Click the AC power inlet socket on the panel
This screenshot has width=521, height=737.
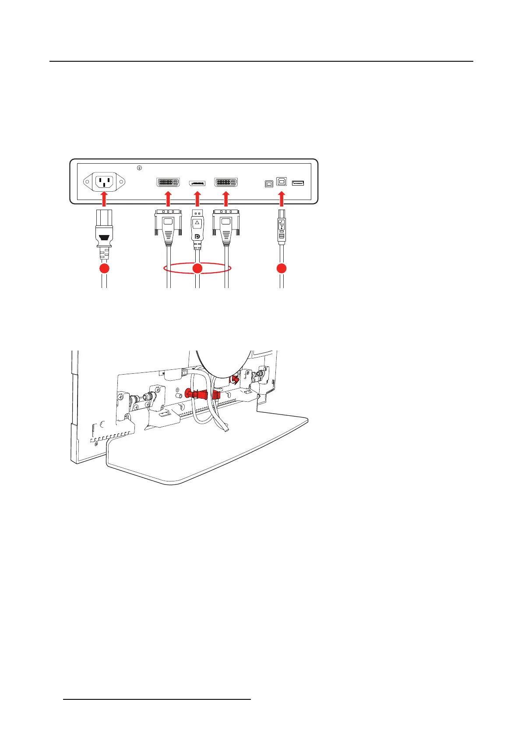tap(104, 182)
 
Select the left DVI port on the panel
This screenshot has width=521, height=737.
tap(168, 182)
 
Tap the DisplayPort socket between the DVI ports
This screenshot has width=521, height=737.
tap(197, 182)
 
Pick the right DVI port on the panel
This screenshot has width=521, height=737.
tap(226, 182)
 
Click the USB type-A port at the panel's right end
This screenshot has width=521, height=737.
tap(298, 183)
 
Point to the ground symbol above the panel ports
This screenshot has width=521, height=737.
tap(139, 168)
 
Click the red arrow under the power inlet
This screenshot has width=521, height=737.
tap(104, 199)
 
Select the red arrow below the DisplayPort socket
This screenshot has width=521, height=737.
tap(197, 199)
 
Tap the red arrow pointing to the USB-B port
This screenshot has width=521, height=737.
tap(282, 199)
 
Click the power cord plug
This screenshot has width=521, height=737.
tap(104, 234)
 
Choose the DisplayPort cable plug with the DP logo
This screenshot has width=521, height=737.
tap(197, 230)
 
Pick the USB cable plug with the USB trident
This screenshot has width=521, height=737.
tap(282, 230)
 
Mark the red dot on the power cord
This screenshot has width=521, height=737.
tap(104, 268)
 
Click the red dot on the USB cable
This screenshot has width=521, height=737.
tap(282, 268)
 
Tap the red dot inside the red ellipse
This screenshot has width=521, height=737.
tap(197, 268)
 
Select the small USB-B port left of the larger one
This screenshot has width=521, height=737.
tap(269, 184)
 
